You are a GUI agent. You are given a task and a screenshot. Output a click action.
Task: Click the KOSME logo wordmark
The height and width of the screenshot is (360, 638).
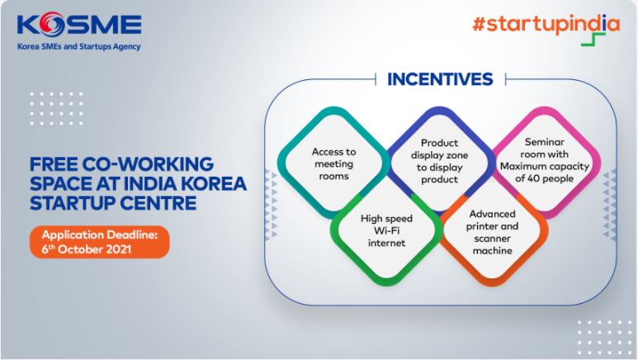[78, 25]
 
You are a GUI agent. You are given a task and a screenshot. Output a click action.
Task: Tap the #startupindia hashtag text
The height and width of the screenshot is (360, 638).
[544, 24]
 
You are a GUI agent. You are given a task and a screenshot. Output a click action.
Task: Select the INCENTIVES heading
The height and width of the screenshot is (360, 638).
[440, 79]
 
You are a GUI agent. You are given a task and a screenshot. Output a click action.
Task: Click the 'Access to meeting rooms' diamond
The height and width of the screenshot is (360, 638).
[333, 163]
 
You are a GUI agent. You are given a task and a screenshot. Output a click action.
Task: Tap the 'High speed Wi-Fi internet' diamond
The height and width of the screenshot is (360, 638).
[385, 230]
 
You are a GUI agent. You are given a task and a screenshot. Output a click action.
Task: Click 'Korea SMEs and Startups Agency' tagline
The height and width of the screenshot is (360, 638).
[78, 47]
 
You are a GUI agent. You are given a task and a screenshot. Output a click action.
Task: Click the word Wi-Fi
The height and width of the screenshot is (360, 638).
[385, 231]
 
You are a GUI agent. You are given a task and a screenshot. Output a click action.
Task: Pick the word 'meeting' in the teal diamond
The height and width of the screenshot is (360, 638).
[333, 163]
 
